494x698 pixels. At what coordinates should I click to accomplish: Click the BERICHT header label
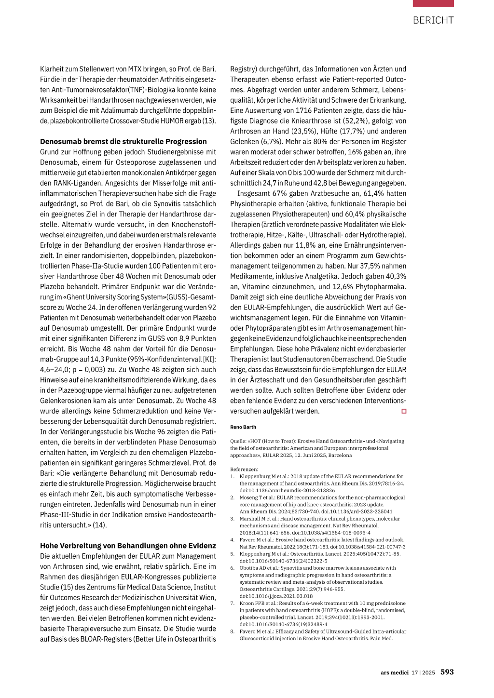[x=433, y=20]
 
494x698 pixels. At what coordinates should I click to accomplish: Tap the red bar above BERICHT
[x=433, y=3]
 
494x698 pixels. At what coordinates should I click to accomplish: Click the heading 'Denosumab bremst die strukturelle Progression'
[x=123, y=142]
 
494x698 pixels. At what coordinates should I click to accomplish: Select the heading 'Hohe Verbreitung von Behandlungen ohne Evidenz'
[x=128, y=546]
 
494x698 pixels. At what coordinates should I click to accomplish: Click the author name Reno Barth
[x=243, y=427]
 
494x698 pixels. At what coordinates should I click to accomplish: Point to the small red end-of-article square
[x=404, y=411]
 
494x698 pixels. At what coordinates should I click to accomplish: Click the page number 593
[x=447, y=672]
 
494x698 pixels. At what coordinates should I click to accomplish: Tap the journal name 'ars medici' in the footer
[x=394, y=672]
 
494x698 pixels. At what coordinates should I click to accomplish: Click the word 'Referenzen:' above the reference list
[x=244, y=469]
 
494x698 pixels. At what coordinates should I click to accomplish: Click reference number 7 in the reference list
[x=232, y=603]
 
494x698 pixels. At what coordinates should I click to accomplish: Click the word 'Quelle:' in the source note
[x=238, y=441]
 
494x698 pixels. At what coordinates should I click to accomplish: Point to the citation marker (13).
[x=209, y=121]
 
